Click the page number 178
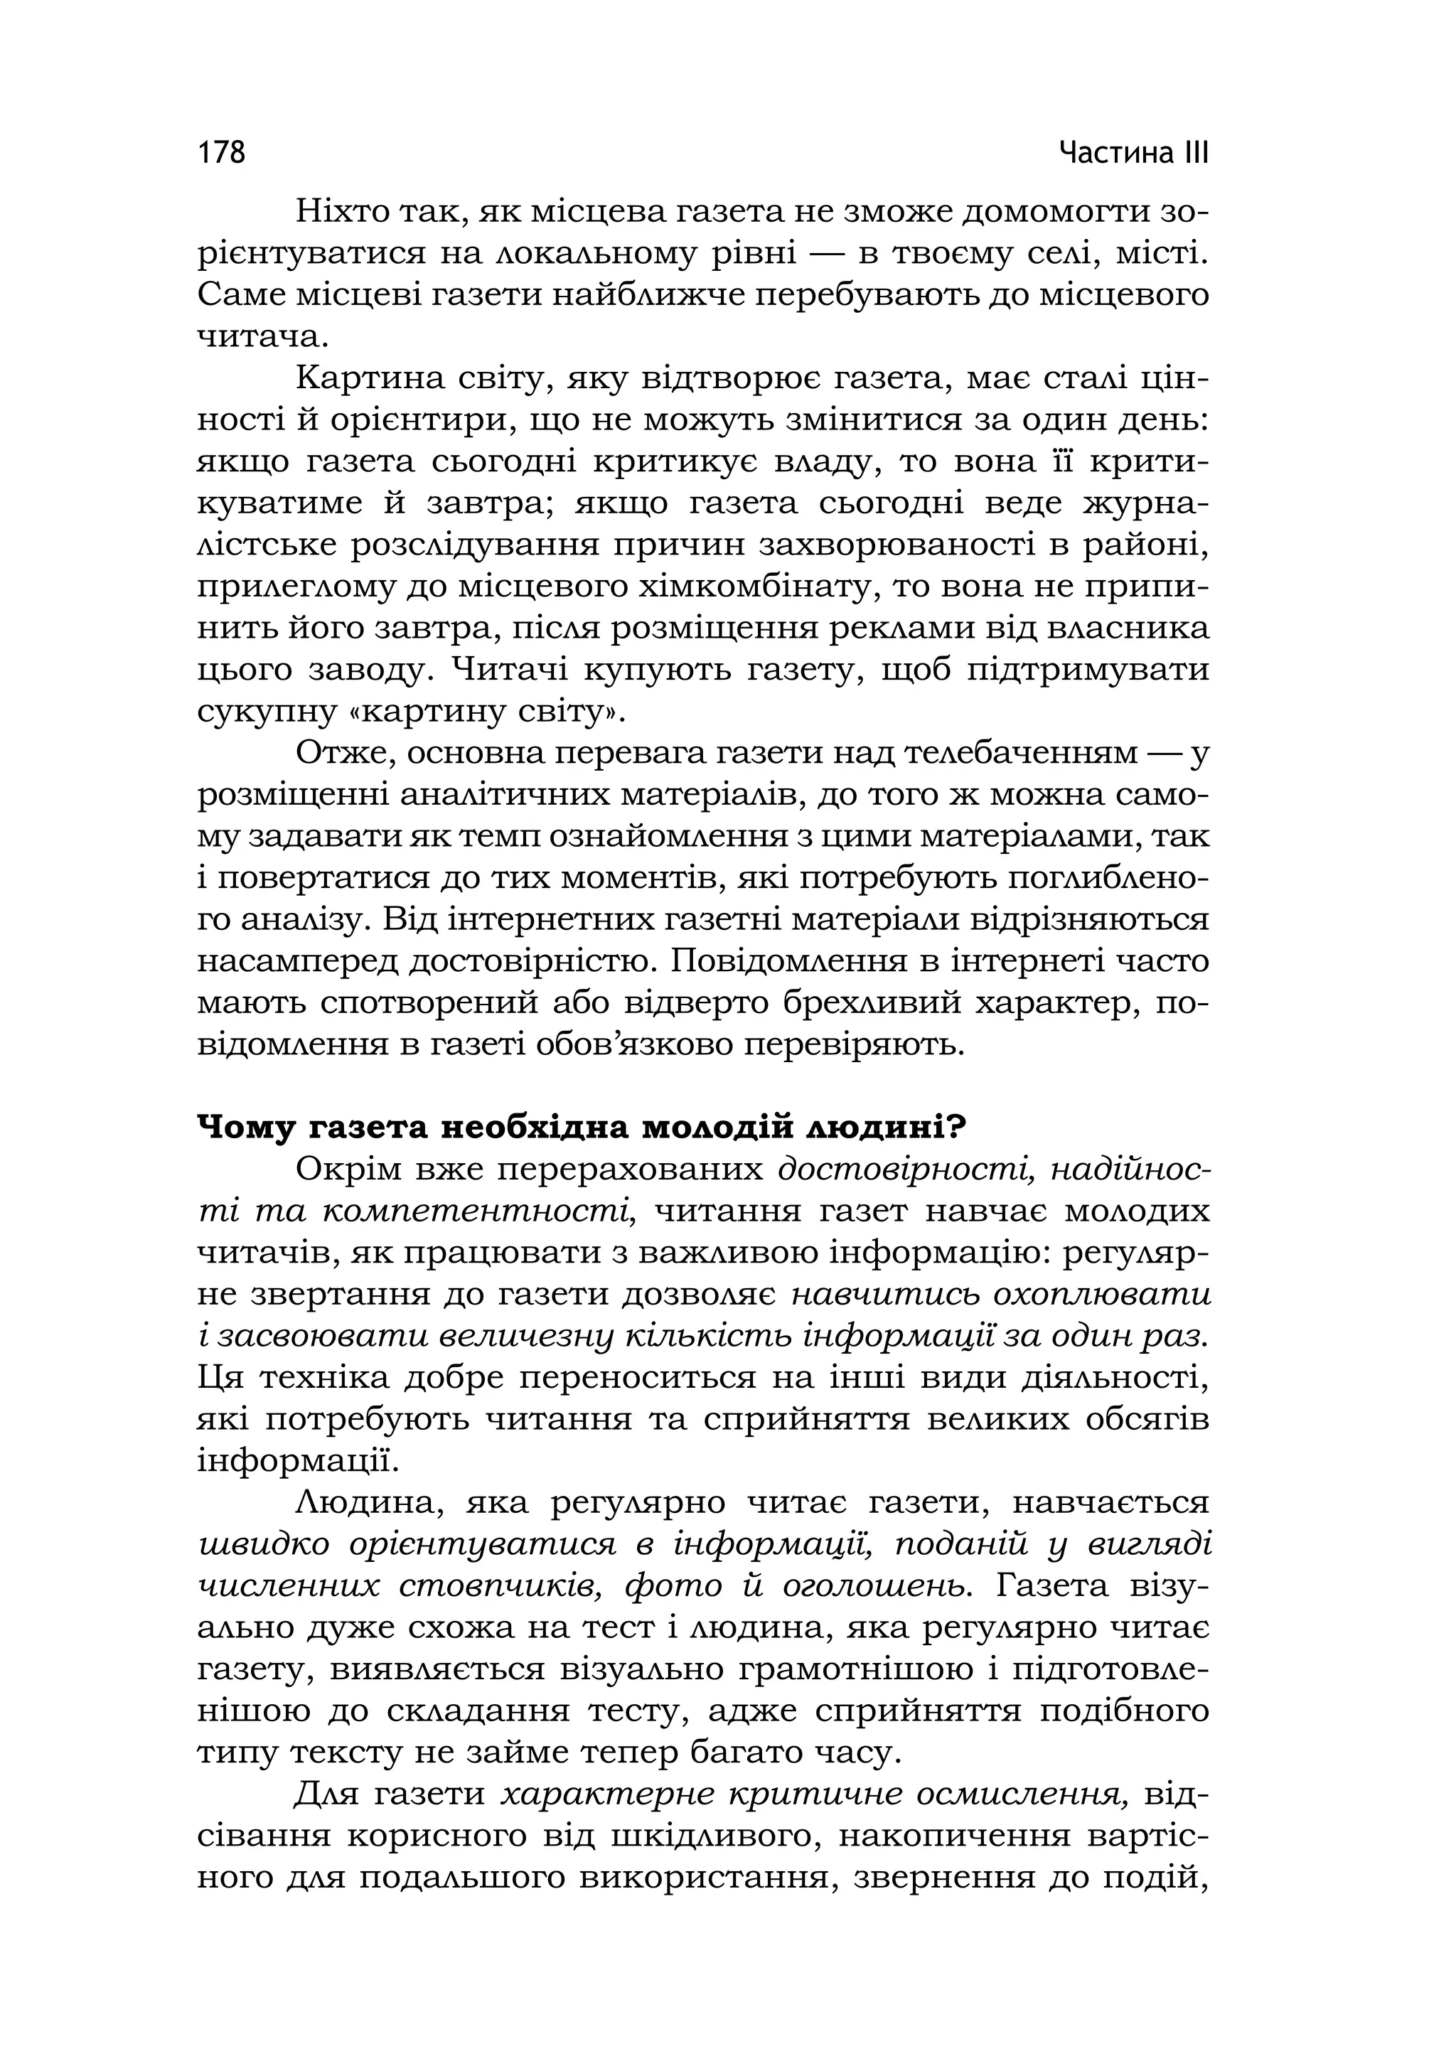221,152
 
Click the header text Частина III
1134,152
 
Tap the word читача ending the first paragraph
257,338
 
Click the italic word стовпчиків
501,1586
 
